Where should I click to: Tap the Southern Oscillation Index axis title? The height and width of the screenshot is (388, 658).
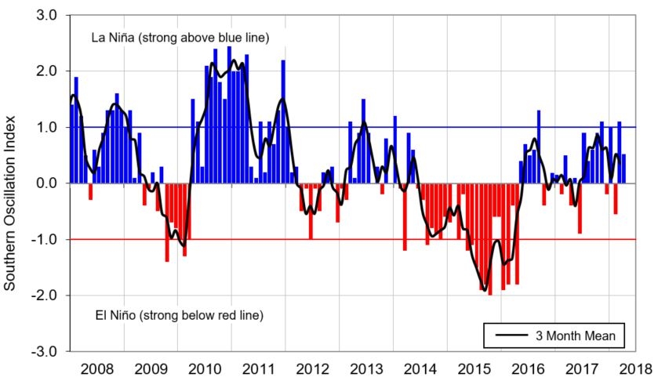click(x=11, y=183)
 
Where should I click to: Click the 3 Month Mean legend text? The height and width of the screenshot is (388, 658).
click(x=576, y=336)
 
